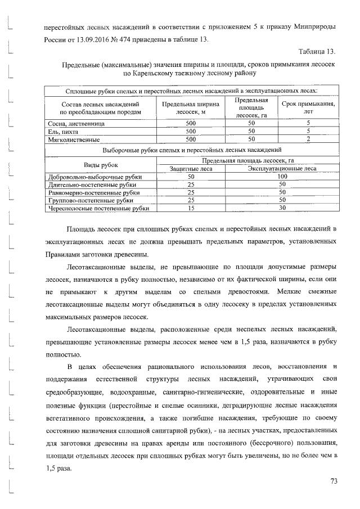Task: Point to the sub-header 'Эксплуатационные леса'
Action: (x=282, y=168)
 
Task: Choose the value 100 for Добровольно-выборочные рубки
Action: (x=282, y=177)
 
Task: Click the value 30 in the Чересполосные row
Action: (x=282, y=208)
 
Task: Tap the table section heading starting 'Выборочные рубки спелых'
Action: (x=191, y=150)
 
